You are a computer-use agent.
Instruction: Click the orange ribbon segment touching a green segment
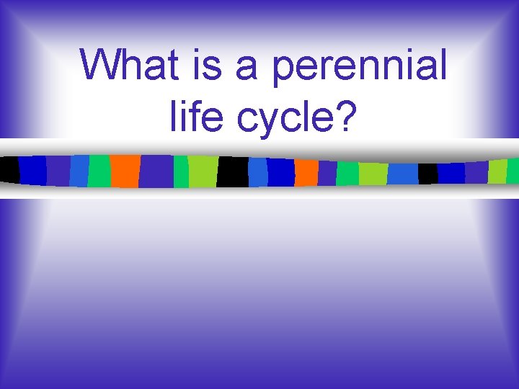tap(125, 171)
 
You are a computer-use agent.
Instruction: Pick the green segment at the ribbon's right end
tap(513, 171)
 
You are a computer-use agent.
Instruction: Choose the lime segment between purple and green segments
tap(497, 171)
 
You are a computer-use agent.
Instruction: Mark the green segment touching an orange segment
tap(99, 171)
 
